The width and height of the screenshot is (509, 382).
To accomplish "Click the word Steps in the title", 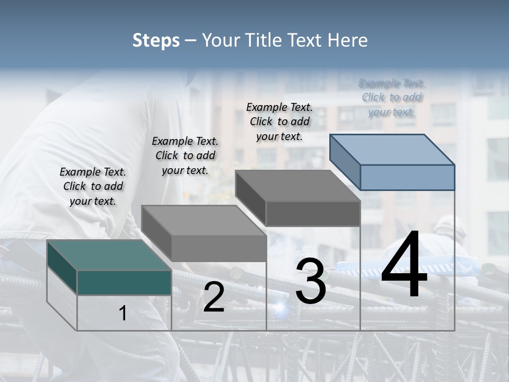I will (x=156, y=40).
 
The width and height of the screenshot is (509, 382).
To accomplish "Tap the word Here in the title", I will (x=348, y=40).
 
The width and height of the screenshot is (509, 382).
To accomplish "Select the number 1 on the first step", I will (x=122, y=314).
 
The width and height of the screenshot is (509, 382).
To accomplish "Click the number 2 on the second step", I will (x=214, y=297).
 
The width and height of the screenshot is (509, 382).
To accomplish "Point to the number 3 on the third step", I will (x=311, y=281).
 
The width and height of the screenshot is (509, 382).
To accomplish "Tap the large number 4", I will (x=404, y=265).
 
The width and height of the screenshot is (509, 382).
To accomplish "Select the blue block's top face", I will (x=392, y=149).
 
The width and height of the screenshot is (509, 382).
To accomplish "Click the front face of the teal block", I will (x=124, y=282).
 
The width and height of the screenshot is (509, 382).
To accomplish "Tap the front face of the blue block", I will (x=407, y=177).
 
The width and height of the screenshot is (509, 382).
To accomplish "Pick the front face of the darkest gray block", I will (x=313, y=213).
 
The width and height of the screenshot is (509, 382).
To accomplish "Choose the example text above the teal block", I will (x=93, y=186).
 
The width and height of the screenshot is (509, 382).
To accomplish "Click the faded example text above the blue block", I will (x=392, y=97).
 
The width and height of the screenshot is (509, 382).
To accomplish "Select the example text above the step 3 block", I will (x=279, y=121).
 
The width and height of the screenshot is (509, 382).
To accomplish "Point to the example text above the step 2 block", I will (x=185, y=155).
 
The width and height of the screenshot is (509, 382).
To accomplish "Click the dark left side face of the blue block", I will (x=345, y=161).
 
